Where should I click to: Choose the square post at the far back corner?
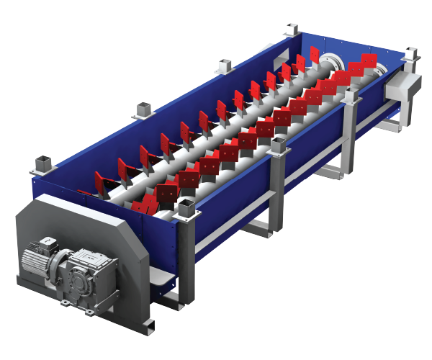pos(291,30)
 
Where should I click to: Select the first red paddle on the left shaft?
pos(101,180)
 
